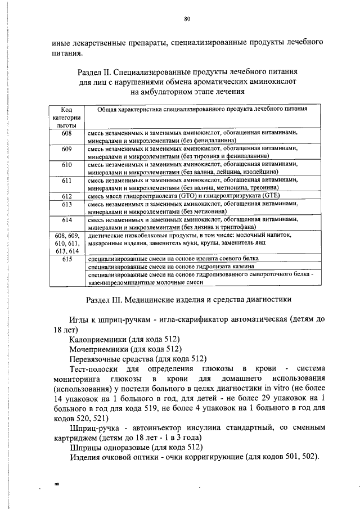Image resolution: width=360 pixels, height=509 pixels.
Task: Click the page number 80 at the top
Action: pyautogui.click(x=187, y=19)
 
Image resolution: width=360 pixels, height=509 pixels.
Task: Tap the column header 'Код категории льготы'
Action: pyautogui.click(x=66, y=117)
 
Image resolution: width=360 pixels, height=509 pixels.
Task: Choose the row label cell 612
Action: pyautogui.click(x=66, y=196)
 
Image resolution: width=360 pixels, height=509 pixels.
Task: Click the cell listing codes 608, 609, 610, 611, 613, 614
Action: pyautogui.click(x=66, y=244)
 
